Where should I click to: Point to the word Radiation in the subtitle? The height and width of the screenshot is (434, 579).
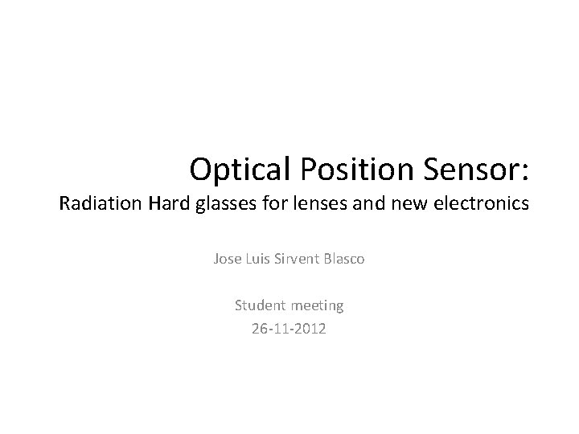click(101, 204)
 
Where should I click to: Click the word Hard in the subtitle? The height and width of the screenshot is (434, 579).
click(169, 204)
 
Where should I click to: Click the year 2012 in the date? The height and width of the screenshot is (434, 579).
click(310, 328)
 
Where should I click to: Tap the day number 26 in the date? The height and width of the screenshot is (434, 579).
click(260, 328)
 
